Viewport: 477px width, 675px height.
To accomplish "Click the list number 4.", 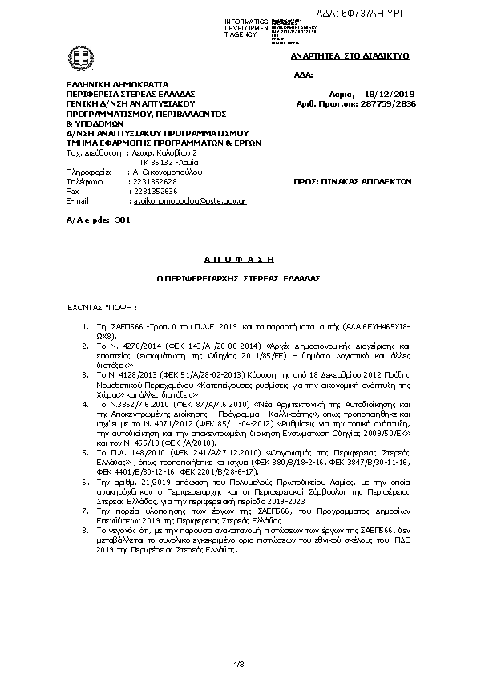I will pyautogui.click(x=87, y=405).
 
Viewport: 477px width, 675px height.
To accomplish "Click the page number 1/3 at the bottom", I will pyautogui.click(x=238, y=662).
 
